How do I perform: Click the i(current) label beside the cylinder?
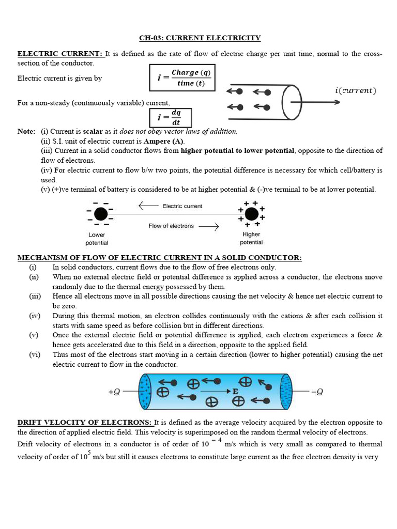coord(355,90)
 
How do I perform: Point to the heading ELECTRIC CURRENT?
coord(61,54)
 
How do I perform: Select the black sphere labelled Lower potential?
coord(101,213)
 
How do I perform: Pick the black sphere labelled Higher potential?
coord(251,213)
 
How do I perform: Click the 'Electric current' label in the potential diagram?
coord(182,206)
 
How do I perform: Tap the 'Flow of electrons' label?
coord(171,226)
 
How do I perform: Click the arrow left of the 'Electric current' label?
coord(148,206)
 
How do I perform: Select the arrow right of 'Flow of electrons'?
coord(208,226)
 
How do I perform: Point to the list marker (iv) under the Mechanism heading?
coord(34,316)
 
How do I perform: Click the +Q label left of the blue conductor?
coord(114,392)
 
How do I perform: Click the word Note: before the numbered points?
coord(26,131)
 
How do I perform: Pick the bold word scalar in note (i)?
coord(93,131)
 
